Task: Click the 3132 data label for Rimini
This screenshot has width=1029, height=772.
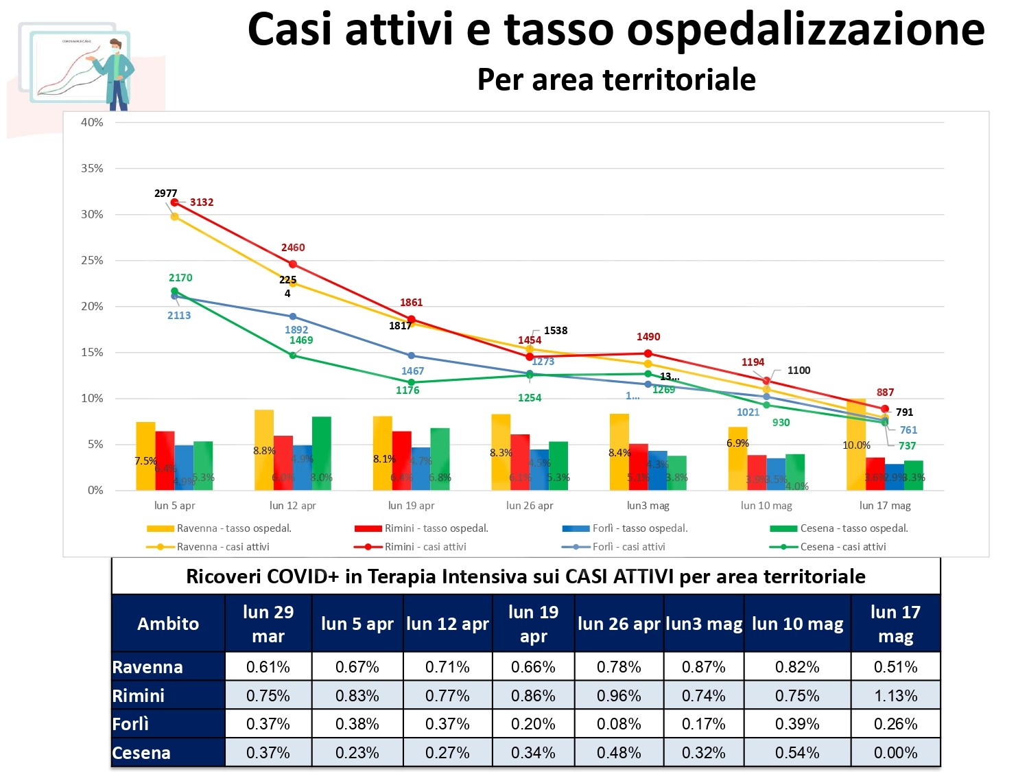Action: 202,202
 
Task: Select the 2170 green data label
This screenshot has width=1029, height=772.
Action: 180,278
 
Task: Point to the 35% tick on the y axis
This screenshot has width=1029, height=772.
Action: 92,168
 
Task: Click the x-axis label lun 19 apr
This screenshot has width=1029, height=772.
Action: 411,506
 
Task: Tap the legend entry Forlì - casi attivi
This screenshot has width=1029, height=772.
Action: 628,547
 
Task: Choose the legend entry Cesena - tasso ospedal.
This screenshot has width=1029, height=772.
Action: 853,528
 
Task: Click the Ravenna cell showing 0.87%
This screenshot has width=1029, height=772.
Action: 703,667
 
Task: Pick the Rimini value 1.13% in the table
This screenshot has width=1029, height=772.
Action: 895,696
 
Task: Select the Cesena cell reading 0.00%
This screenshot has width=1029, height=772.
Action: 895,753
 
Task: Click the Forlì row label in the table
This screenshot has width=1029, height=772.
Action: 130,724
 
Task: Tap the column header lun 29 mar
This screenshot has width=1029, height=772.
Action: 268,624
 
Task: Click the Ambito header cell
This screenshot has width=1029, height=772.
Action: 168,624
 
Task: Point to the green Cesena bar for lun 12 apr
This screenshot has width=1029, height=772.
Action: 321,453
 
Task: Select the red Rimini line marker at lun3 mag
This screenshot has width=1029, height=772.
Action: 648,353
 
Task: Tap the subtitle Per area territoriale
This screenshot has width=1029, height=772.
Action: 616,80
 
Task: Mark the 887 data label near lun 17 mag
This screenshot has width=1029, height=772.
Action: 885,393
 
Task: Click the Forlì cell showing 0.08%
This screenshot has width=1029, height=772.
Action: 618,724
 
